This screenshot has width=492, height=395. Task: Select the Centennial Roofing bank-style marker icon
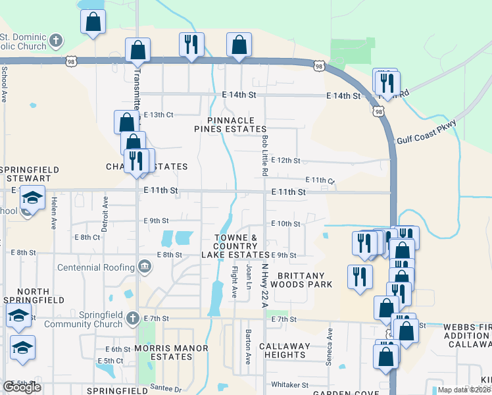pos(143,267)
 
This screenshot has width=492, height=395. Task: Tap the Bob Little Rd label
pos(264,155)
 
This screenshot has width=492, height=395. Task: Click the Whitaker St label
pos(290,384)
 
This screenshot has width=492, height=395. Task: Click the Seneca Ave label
pos(330,344)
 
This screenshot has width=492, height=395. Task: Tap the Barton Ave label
pos(249,347)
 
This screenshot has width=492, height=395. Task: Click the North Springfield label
pos(24,296)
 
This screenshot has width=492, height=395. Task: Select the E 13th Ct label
pos(158,115)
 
